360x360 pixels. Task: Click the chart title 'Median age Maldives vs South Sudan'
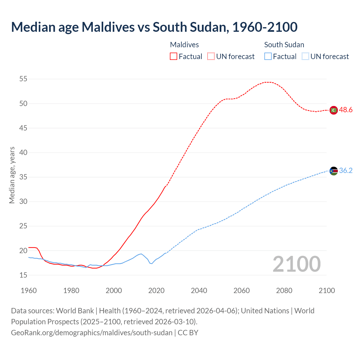[x=154, y=27]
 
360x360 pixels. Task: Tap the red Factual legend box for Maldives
[x=174, y=56]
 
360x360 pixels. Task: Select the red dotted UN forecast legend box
[x=211, y=56]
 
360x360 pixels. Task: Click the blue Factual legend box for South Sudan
[x=268, y=56]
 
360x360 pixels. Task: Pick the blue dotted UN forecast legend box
[x=305, y=56]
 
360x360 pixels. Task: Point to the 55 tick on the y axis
[x=23, y=79]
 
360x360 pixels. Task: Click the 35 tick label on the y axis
[x=23, y=177]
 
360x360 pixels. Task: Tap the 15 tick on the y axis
[x=23, y=275]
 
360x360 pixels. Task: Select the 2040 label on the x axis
[x=199, y=291]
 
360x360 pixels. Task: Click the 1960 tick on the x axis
[x=29, y=291]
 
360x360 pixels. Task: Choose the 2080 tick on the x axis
[x=284, y=291]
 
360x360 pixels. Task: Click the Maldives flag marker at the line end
[x=334, y=110]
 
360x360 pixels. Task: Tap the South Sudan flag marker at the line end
[x=334, y=171]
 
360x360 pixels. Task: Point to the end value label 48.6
[x=346, y=110]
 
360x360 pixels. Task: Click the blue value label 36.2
[x=346, y=171]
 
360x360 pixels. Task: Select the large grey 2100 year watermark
[x=297, y=264]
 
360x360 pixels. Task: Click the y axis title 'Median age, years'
[x=12, y=175]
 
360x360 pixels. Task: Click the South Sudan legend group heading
[x=284, y=45]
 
